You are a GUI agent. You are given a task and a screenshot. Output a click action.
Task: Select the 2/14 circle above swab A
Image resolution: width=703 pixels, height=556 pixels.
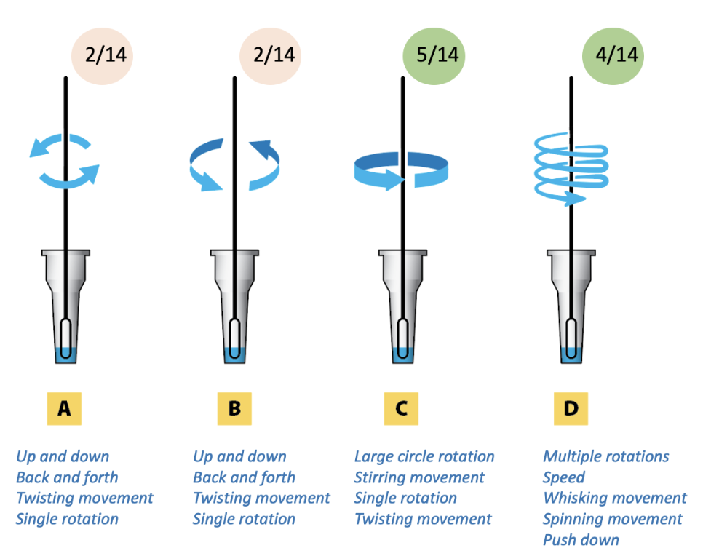pos(102,55)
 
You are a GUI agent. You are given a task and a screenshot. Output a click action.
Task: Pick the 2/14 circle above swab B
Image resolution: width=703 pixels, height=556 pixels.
pos(270,55)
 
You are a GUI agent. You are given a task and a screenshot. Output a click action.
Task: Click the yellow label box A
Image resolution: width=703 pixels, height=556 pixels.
pos(64,409)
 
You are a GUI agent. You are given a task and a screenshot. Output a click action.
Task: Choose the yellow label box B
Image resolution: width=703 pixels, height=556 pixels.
pos(234,409)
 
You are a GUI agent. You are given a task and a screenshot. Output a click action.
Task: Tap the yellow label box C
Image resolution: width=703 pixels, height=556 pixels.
pos(401,409)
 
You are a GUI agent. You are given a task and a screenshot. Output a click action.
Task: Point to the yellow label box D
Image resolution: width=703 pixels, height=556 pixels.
pos(570,409)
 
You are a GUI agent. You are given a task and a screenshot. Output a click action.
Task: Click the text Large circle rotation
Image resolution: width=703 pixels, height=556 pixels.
pos(424,457)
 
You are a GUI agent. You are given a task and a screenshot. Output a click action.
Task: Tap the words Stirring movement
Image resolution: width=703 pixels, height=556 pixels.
pos(419,477)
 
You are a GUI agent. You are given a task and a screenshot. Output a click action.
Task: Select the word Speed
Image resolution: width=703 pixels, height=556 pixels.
pos(563,477)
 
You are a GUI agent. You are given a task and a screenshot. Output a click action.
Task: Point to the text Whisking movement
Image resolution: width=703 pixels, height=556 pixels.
pos(614,499)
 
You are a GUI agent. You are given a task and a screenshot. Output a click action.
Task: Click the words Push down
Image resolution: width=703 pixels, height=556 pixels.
pos(581,540)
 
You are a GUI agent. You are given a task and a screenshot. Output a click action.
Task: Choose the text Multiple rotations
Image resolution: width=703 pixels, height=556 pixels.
pos(605,457)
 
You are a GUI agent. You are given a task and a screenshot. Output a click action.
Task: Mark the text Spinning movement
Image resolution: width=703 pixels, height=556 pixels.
pos(613,519)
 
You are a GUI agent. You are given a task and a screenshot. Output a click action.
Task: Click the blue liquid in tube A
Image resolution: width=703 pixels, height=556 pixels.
pos(65,354)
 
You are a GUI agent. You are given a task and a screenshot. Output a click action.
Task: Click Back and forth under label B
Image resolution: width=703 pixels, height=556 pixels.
pos(244,477)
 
